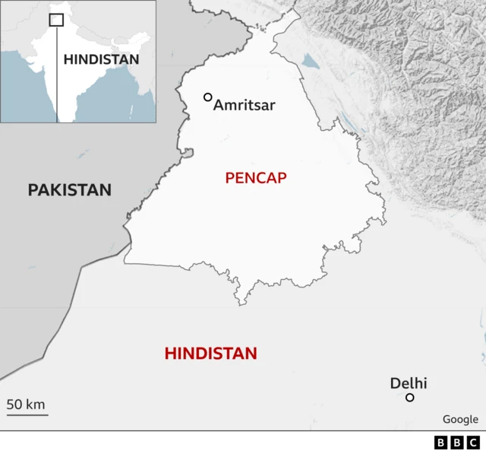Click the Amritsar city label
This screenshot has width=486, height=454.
[244, 106]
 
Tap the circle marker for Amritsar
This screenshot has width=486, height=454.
[207, 97]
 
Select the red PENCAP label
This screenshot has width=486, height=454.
[255, 178]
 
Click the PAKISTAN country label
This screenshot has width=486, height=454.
[69, 190]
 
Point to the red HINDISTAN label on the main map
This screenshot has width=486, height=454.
[210, 354]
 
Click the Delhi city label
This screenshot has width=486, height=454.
[409, 383]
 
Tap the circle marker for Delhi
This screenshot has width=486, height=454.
[410, 397]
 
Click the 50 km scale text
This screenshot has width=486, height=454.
[27, 404]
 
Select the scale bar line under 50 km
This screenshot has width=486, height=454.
[27, 414]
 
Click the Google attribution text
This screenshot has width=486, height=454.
[460, 419]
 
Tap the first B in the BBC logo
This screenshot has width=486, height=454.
[441, 443]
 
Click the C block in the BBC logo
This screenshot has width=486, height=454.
[473, 443]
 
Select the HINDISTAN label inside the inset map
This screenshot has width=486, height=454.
[101, 59]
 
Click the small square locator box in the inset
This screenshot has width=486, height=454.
[56, 20]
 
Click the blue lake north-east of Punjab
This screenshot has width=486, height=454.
[311, 60]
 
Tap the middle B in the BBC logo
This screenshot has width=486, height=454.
[457, 443]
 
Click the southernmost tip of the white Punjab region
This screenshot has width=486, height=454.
[242, 305]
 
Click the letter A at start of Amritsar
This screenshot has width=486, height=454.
[219, 106]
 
